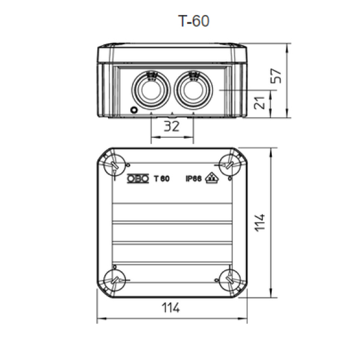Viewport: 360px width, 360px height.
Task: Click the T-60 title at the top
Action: (194, 21)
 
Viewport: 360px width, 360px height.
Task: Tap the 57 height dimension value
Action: (276, 76)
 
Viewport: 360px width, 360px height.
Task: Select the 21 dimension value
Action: (259, 103)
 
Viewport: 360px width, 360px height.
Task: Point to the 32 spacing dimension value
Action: (172, 126)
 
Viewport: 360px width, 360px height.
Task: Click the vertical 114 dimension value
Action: (260, 223)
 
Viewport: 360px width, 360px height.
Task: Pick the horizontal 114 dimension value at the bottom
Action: (170, 308)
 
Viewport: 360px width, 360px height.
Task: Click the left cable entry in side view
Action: (151, 90)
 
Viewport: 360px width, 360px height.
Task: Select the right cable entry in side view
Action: (193, 90)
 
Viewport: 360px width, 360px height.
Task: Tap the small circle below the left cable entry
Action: (134, 110)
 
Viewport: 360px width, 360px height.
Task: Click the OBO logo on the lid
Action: (138, 178)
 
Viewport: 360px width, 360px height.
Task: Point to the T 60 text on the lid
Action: (162, 178)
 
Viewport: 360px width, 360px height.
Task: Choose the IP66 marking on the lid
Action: (194, 178)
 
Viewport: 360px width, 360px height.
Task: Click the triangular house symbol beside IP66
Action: (212, 178)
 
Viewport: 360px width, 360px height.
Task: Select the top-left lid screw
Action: (115, 165)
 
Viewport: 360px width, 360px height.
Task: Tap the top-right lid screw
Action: (230, 165)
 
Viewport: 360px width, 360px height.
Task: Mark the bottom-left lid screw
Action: (115, 281)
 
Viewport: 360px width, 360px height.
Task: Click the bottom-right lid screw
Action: (230, 281)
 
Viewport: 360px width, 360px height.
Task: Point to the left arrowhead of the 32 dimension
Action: (155, 137)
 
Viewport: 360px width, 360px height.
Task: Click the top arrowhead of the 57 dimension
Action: (287, 47)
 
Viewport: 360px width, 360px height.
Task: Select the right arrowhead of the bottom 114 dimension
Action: (242, 319)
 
